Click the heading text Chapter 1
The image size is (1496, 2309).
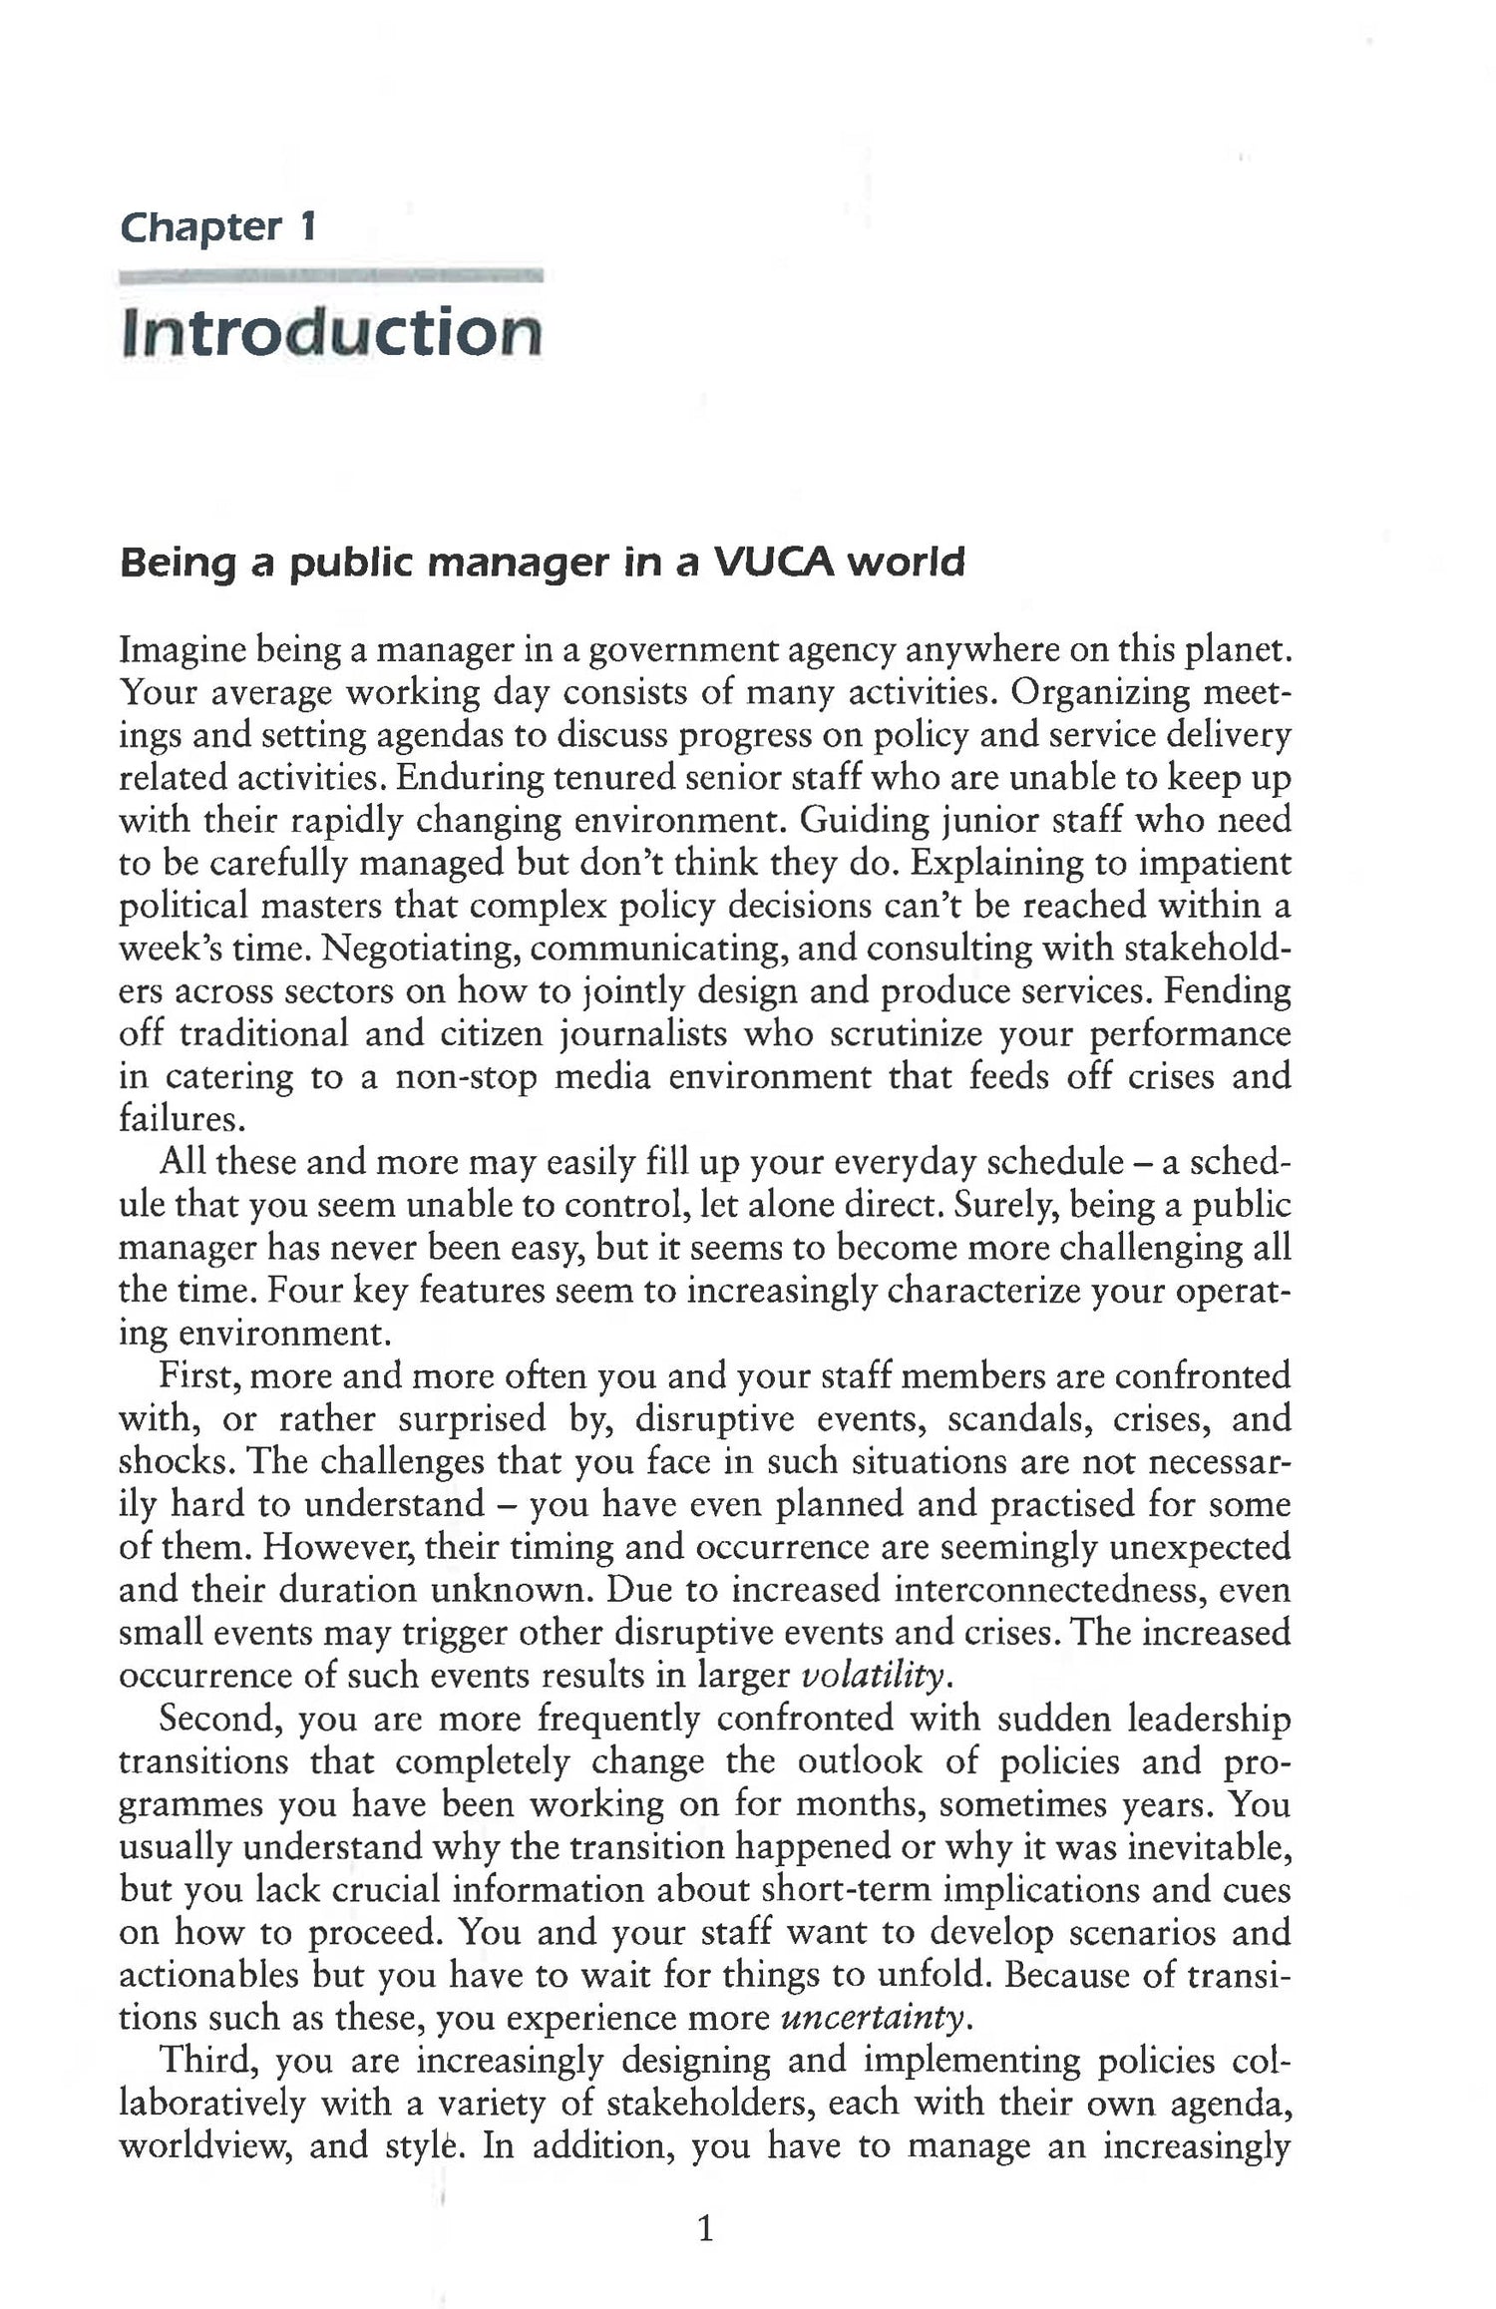(x=218, y=227)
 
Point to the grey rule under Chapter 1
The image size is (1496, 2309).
(x=330, y=277)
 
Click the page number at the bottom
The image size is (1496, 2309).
(x=705, y=2226)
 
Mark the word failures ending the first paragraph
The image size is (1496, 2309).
(x=181, y=1120)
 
